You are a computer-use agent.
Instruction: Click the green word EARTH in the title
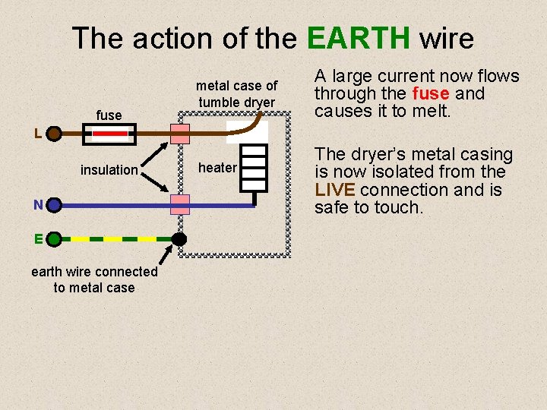tap(359, 37)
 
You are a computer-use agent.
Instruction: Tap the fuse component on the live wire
tap(109, 136)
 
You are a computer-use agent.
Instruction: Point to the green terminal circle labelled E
tap(53, 239)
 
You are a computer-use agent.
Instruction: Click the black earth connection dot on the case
tap(179, 239)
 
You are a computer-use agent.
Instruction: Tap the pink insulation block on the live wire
tap(180, 135)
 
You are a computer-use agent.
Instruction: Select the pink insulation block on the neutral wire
tap(180, 204)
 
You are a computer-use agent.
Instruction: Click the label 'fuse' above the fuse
tap(109, 115)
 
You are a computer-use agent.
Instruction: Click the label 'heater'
tap(218, 168)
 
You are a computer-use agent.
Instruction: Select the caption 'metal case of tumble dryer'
tap(237, 94)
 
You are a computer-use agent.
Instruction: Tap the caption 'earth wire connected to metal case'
tap(94, 279)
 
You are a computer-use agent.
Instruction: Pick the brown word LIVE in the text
tap(334, 190)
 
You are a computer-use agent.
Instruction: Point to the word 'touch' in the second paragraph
tap(397, 207)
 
